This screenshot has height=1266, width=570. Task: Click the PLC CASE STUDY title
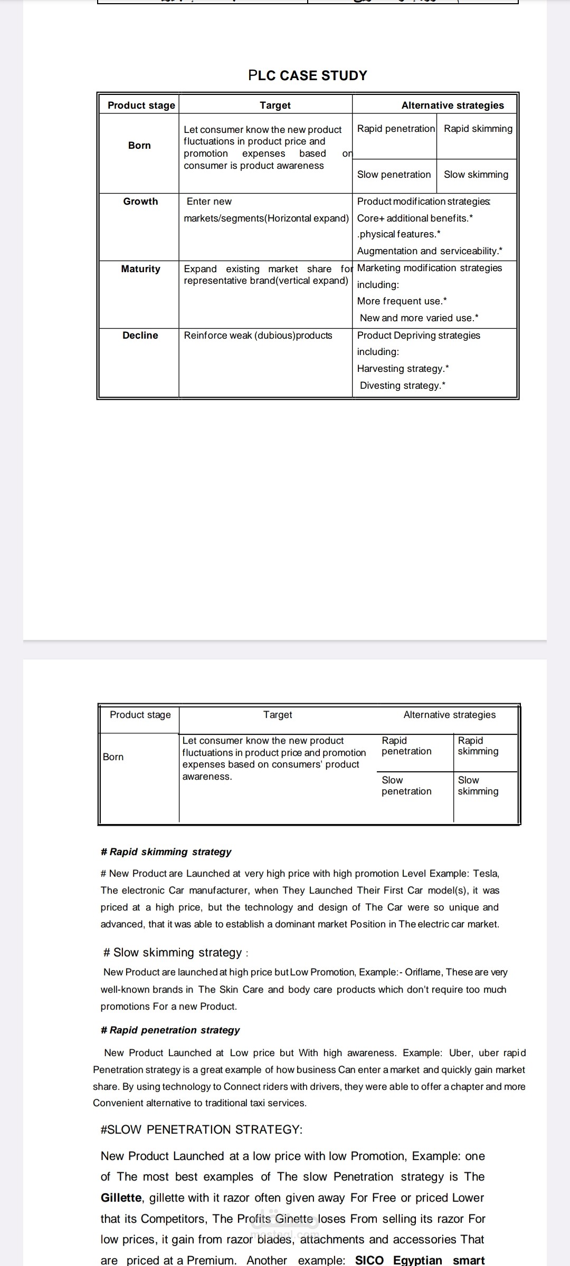click(307, 75)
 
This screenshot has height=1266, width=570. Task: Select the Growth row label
click(140, 202)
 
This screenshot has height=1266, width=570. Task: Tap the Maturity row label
click(140, 269)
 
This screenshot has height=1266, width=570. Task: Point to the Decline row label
click(140, 335)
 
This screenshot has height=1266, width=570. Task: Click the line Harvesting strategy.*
click(403, 369)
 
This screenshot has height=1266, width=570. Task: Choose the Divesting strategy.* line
click(403, 386)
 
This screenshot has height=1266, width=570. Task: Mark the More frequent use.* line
click(402, 301)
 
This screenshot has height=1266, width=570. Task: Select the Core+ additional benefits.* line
click(415, 218)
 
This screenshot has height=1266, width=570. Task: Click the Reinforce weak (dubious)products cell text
click(258, 335)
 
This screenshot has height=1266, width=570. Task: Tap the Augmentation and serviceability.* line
click(430, 251)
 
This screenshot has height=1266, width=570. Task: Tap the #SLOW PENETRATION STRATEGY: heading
click(202, 1129)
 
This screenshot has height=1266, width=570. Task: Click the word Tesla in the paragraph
click(486, 874)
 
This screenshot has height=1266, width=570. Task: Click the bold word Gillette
click(121, 1197)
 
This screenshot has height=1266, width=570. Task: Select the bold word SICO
click(369, 1260)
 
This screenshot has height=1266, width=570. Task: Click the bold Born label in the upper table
click(139, 146)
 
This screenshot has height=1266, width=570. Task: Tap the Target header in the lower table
click(278, 715)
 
